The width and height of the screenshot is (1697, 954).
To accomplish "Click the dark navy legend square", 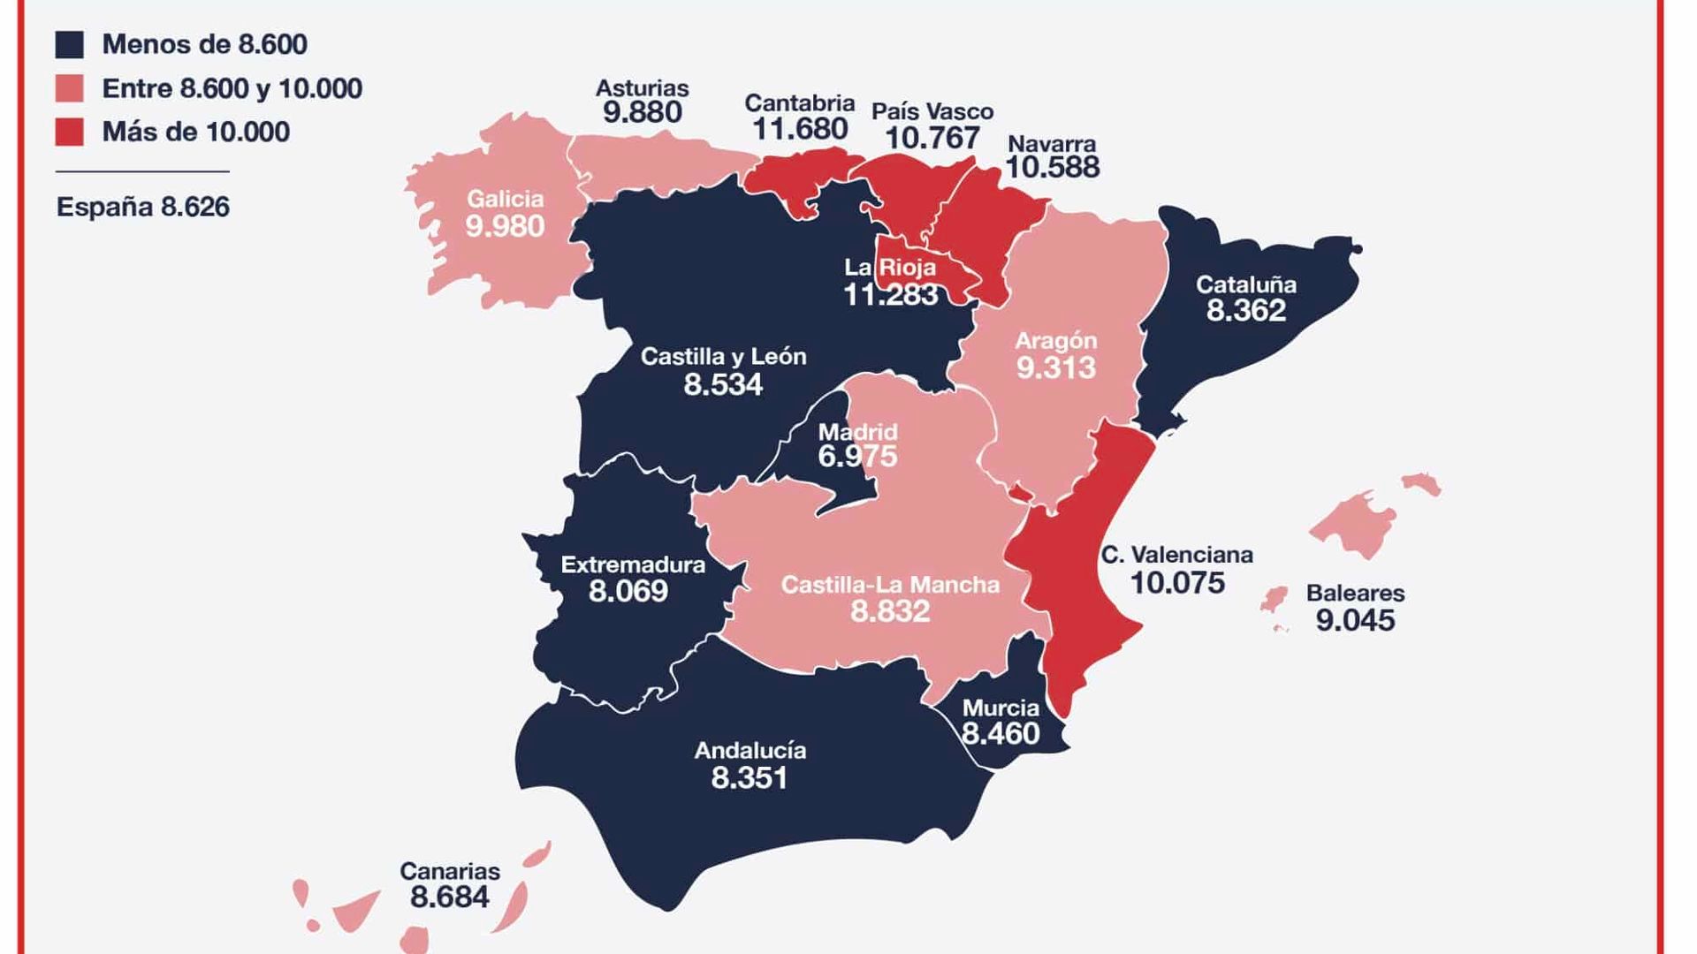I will click(69, 44).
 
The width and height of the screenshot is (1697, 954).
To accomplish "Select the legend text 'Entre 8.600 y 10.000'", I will click(232, 88).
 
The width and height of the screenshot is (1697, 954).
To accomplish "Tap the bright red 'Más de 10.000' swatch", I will click(69, 132).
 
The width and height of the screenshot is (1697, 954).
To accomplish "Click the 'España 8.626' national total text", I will click(143, 207).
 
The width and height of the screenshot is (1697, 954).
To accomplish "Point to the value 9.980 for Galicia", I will click(505, 227).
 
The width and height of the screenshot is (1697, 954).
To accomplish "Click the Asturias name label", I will click(642, 87).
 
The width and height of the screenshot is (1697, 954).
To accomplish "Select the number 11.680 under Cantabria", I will click(800, 129).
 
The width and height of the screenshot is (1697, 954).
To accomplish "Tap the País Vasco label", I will click(932, 111).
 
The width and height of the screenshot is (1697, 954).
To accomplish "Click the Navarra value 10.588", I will click(1052, 167).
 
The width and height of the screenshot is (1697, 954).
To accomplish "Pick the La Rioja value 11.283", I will click(891, 294).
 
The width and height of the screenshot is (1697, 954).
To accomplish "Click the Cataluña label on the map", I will click(1246, 284).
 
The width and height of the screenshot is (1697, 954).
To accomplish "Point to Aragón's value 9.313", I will click(1056, 367).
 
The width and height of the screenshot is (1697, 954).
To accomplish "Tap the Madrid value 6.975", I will click(857, 457).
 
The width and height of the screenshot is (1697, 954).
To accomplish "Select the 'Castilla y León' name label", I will click(723, 356).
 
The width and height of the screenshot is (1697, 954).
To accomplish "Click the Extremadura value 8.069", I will click(628, 591).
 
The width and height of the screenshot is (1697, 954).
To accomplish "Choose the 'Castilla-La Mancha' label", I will click(890, 584).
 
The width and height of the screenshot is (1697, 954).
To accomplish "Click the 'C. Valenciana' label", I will click(1176, 555).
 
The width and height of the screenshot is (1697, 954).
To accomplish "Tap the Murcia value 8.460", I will click(1001, 733).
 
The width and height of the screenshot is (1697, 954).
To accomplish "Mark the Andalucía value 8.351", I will click(750, 777).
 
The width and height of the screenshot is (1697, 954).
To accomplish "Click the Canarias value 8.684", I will click(449, 897).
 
